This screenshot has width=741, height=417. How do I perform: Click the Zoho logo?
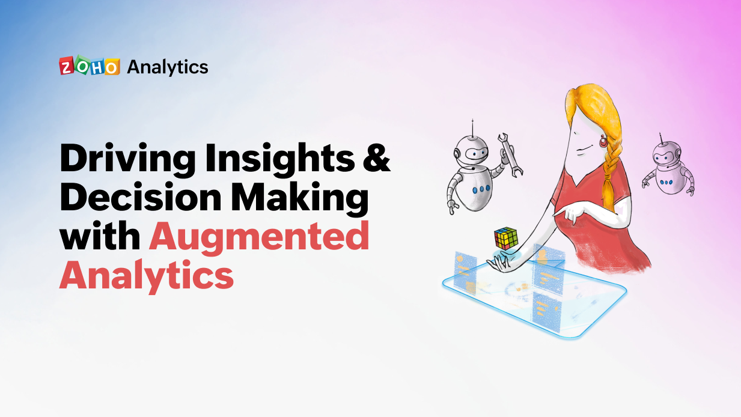[x=89, y=67]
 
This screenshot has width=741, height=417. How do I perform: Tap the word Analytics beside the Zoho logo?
[x=167, y=67]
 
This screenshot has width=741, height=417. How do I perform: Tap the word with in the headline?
[x=100, y=236]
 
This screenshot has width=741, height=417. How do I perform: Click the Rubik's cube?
[x=506, y=239]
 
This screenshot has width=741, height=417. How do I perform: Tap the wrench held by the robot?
[x=509, y=153]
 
